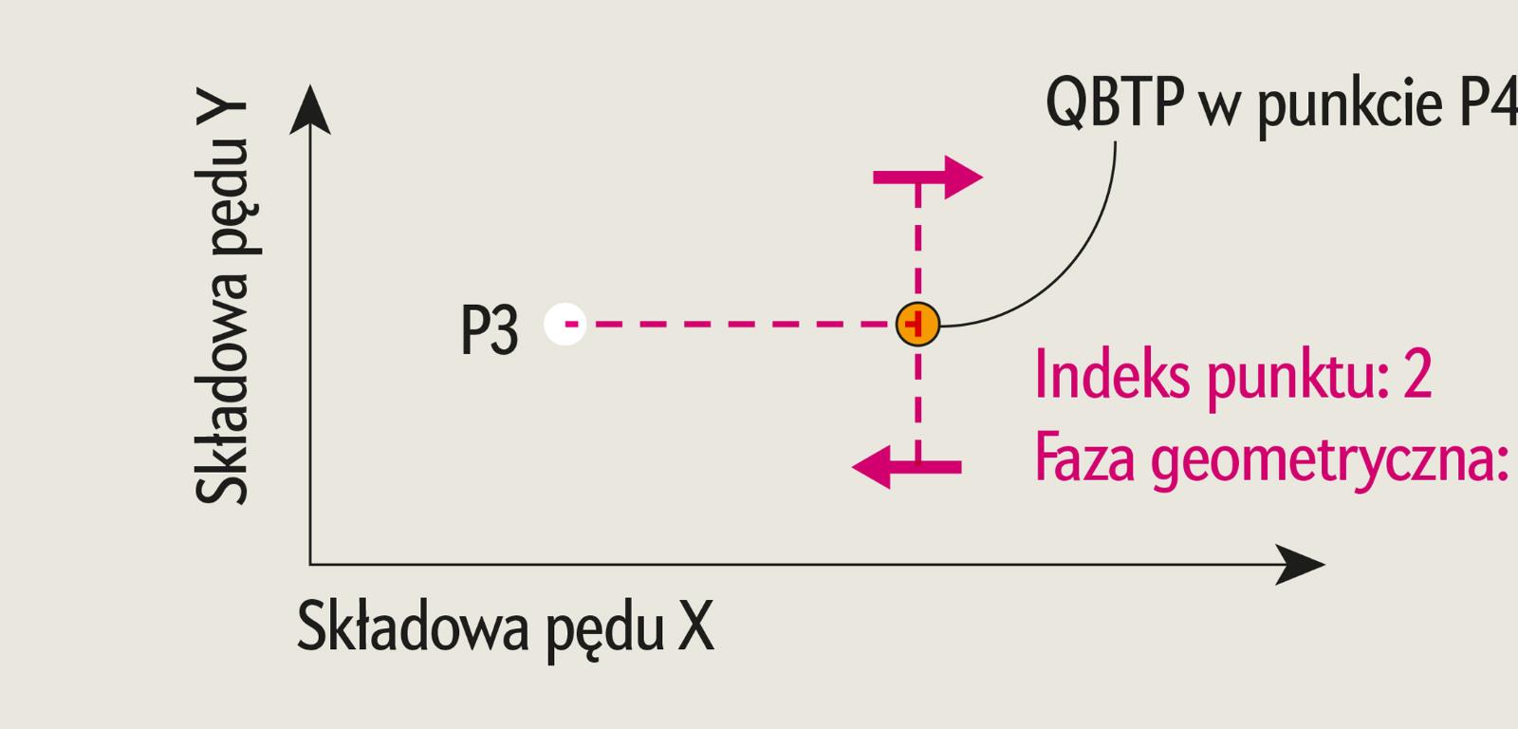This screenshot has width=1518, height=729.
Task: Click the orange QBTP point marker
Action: (917, 324)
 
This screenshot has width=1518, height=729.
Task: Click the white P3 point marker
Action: (565, 324)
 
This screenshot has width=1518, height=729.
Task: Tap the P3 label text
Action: (490, 330)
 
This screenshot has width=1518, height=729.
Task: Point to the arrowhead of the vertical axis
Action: (310, 106)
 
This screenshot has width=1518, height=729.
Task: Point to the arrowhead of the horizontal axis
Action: (1301, 565)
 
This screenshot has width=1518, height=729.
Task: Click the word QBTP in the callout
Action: (1116, 103)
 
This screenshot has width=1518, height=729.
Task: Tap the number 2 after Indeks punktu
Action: (1417, 375)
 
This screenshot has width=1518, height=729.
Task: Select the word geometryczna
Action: (1328, 460)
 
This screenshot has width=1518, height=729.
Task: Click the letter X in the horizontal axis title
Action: (695, 626)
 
